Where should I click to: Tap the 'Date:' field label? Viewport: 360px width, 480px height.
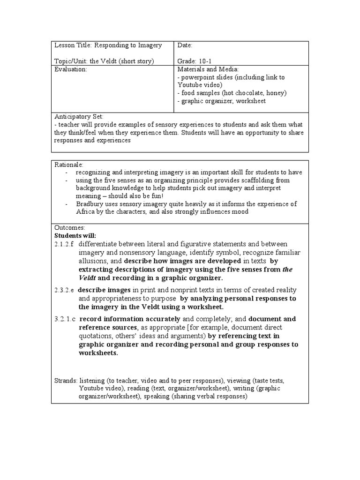pyautogui.click(x=185, y=45)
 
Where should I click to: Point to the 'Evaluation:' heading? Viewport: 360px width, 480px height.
pyautogui.click(x=71, y=69)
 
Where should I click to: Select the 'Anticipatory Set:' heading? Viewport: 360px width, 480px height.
pyautogui.click(x=79, y=116)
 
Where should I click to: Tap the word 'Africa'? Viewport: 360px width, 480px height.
pyautogui.click(x=86, y=212)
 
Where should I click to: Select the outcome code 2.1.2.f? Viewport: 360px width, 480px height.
pyautogui.click(x=65, y=244)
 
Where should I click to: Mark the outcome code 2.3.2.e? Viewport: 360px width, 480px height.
pyautogui.click(x=65, y=290)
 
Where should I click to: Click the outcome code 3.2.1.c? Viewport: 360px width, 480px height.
pyautogui.click(x=65, y=319)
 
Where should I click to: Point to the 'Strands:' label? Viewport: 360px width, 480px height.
pyautogui.click(x=66, y=381)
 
